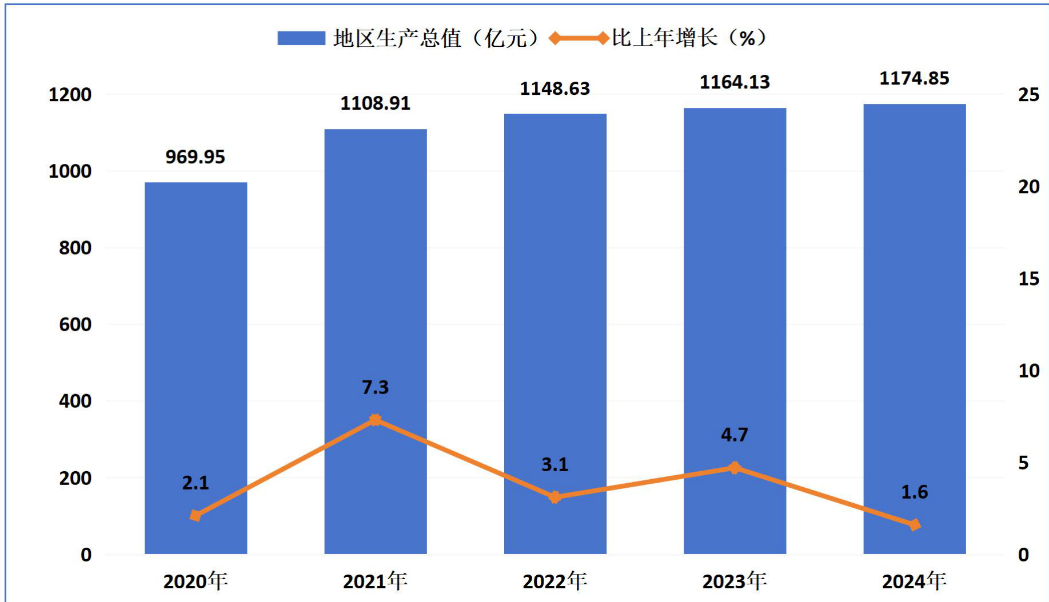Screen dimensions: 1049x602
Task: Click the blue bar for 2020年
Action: click(196, 368)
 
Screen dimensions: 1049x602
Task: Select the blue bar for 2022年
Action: click(555, 334)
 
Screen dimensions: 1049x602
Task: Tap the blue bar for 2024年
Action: click(915, 329)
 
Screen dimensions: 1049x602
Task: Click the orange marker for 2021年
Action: click(375, 420)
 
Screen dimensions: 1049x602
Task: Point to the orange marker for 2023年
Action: click(735, 468)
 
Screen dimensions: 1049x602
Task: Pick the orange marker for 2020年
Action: click(196, 516)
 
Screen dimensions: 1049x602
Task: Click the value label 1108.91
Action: click(375, 103)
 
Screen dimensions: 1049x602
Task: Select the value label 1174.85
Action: click(914, 78)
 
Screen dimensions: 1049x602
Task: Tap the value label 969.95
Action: click(196, 157)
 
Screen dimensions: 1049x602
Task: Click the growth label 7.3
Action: click(375, 387)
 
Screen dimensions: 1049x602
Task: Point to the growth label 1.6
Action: click(914, 492)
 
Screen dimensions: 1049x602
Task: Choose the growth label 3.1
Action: click(555, 464)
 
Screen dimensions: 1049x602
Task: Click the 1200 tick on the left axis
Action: click(70, 95)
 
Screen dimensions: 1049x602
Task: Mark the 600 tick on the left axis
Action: click(75, 324)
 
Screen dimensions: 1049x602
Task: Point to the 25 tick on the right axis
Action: click(1028, 95)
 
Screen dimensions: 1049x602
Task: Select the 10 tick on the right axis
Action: click(1028, 371)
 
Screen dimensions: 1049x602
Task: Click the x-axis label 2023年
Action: click(735, 581)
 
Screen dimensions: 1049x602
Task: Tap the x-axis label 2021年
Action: click(375, 581)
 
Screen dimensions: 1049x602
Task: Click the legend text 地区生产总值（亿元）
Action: click(436, 38)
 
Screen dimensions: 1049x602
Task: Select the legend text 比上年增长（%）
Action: click(689, 38)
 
